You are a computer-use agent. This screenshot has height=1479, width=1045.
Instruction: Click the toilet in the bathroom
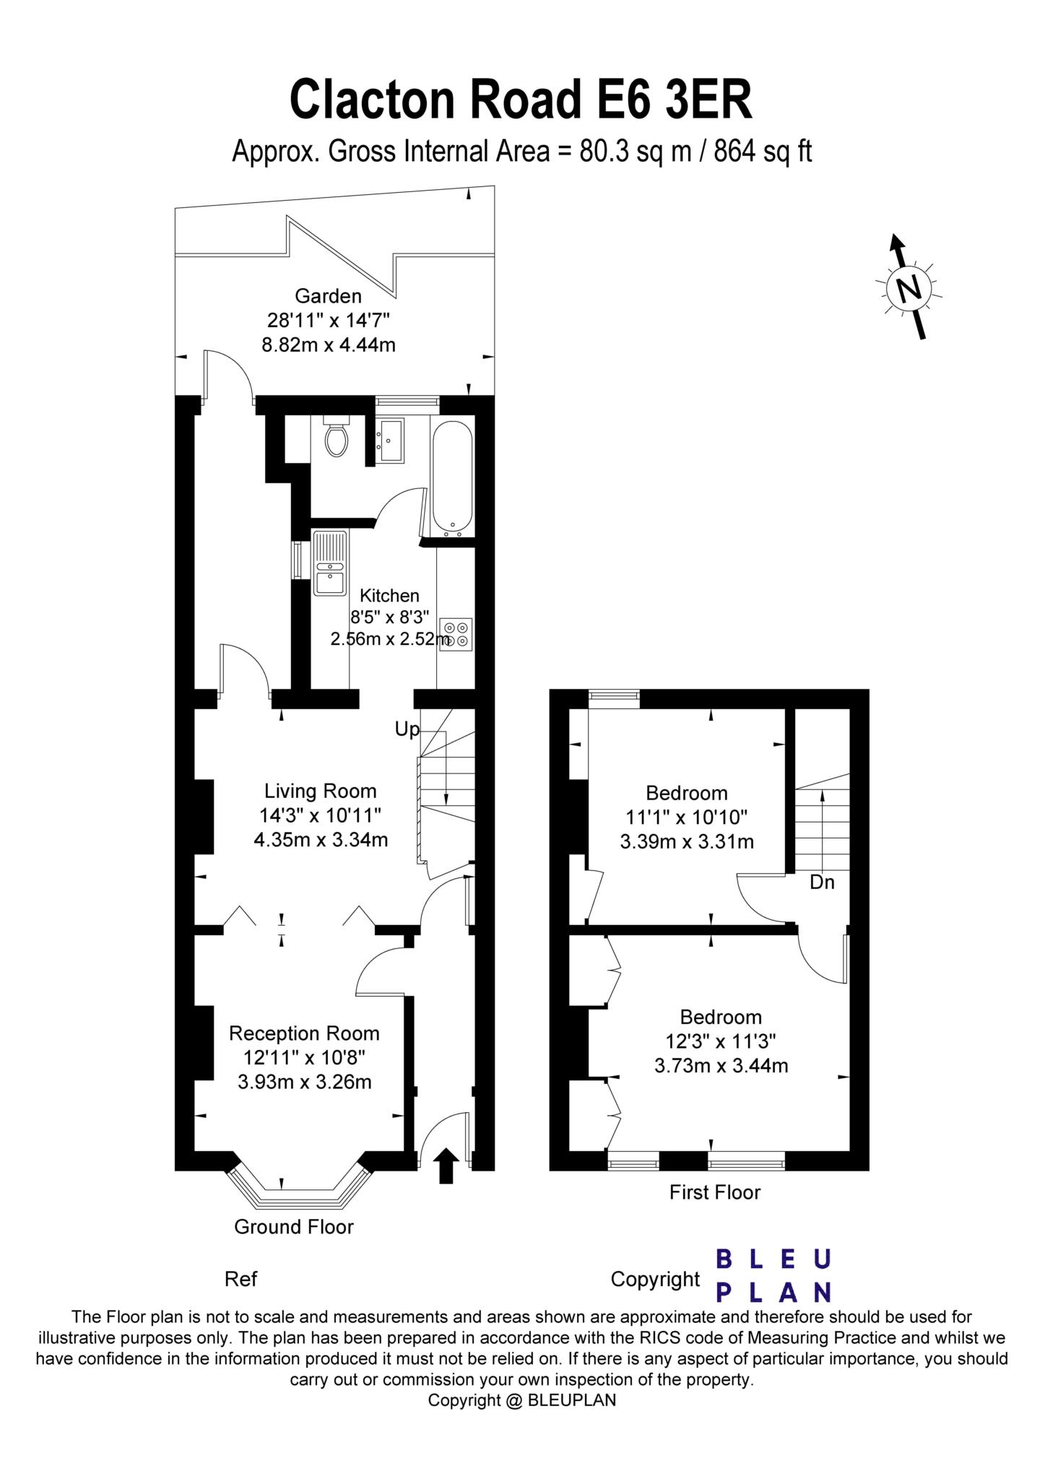(x=336, y=438)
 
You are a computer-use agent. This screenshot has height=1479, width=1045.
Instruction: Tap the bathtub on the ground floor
(x=452, y=478)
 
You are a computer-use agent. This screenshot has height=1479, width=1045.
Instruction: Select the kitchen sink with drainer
(x=330, y=563)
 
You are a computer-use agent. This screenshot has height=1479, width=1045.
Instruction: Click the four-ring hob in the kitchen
(x=456, y=634)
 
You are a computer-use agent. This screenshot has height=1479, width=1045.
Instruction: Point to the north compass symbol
(x=909, y=288)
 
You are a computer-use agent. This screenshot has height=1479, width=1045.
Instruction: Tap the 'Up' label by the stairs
(x=407, y=729)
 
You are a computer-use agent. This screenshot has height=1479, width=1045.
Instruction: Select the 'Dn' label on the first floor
(x=822, y=882)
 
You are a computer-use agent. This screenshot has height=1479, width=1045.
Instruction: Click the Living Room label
(x=320, y=791)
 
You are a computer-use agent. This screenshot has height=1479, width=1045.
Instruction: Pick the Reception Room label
(x=304, y=1033)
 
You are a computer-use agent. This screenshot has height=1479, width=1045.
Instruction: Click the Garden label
(x=328, y=295)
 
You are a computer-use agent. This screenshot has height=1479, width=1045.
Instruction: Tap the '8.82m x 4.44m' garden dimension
(x=328, y=344)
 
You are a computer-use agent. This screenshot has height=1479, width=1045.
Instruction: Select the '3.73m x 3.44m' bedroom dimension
(x=721, y=1065)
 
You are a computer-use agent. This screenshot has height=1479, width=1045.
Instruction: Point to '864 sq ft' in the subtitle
(x=763, y=152)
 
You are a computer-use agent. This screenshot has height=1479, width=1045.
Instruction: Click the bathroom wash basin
(x=391, y=440)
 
